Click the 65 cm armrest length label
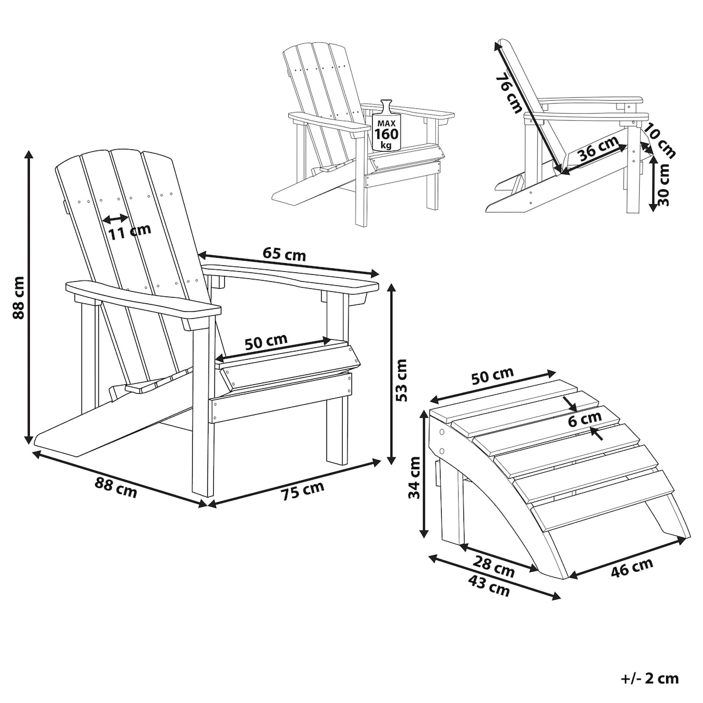[x=284, y=254]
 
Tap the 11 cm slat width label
[x=129, y=231]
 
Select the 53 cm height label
[x=401, y=380]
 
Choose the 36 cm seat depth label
[x=598, y=148]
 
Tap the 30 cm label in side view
[x=664, y=185]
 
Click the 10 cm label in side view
[x=659, y=141]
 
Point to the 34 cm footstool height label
[x=414, y=477]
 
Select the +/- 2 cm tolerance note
[x=650, y=678]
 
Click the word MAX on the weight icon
[x=387, y=124]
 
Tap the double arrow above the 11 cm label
[x=115, y=219]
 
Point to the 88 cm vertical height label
[x=18, y=298]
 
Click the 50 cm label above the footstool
[x=493, y=377]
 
